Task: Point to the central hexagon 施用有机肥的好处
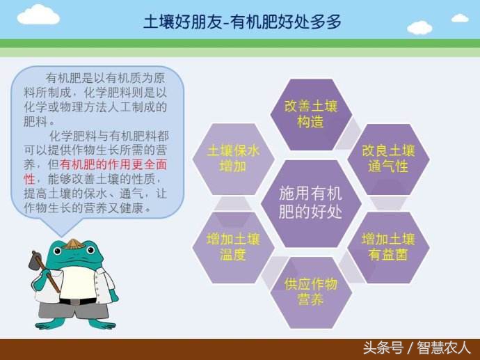[311, 203]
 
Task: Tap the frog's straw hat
[72, 244]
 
